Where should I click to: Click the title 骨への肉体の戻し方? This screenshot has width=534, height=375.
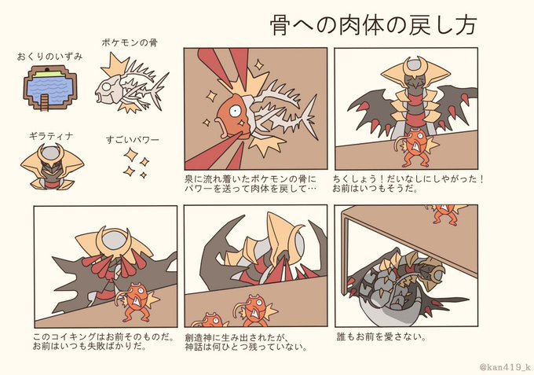(374, 25)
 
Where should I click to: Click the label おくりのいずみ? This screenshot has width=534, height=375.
(49, 57)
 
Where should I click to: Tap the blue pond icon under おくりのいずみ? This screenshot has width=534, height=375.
(50, 88)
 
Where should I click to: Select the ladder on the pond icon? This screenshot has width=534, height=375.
(45, 102)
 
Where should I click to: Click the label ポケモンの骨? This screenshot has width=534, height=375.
(130, 43)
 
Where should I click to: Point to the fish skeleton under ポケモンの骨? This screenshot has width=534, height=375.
(131, 83)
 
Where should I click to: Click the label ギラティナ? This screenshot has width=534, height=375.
(51, 136)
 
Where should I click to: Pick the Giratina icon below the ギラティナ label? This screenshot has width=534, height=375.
(52, 167)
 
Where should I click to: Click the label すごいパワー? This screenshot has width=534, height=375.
(132, 140)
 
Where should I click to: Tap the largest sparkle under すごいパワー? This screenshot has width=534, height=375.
(130, 155)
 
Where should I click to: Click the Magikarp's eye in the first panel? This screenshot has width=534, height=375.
(235, 110)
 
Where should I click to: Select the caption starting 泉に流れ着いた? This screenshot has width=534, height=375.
(251, 184)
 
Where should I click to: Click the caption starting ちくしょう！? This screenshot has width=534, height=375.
(408, 184)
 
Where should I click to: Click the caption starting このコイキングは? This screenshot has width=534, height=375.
(104, 342)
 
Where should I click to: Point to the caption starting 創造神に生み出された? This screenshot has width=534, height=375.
(246, 342)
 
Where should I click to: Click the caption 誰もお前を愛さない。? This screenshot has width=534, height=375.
(382, 337)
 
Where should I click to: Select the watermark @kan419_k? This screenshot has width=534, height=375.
(505, 367)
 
